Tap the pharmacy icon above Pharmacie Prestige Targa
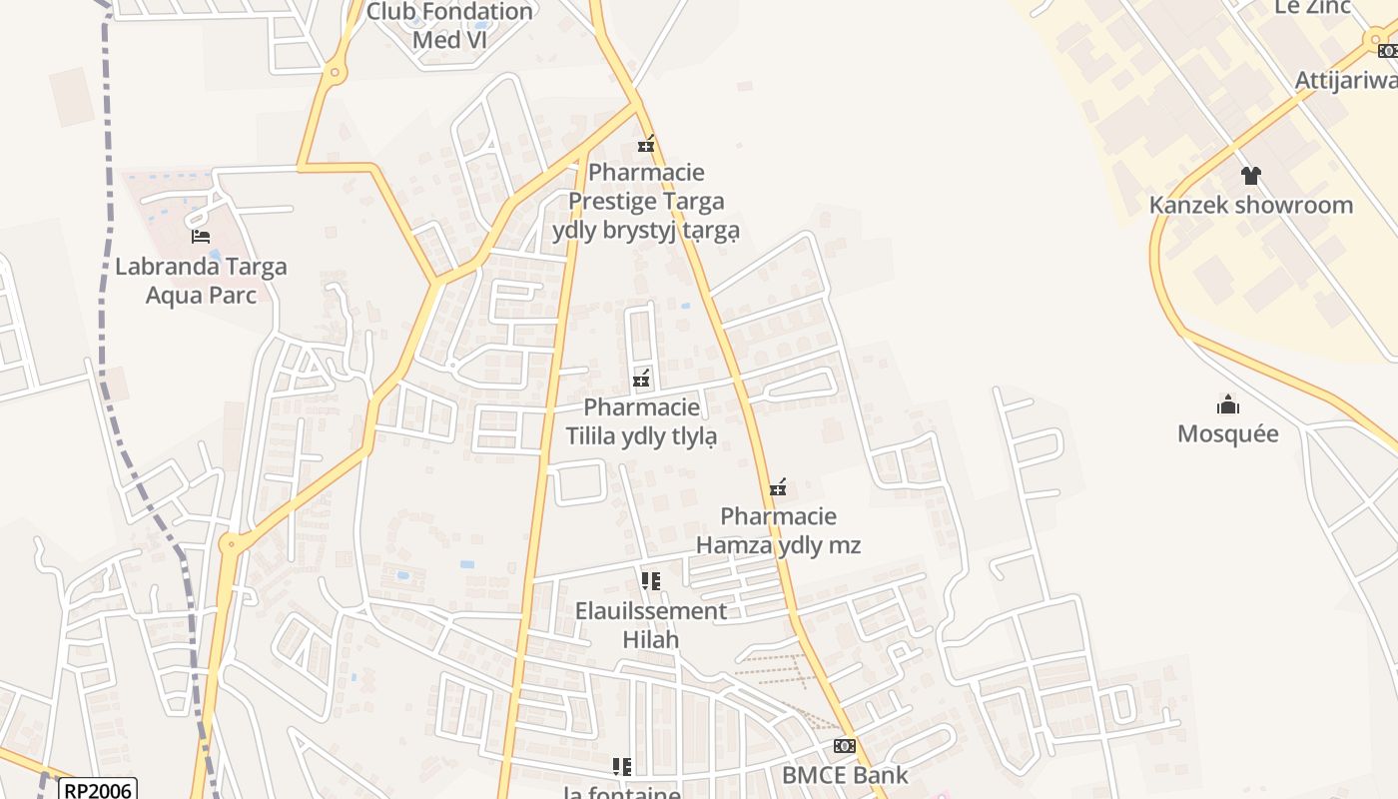(x=646, y=145)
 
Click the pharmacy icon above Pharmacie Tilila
(x=641, y=379)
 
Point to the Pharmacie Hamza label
(x=778, y=530)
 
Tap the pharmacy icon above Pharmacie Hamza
(x=778, y=487)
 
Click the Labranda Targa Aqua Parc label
(x=201, y=281)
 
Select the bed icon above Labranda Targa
(x=201, y=237)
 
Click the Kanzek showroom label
(x=1250, y=205)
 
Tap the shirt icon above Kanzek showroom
(x=1250, y=176)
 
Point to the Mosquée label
(x=1227, y=433)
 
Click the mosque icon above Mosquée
(x=1227, y=404)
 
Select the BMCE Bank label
(x=845, y=775)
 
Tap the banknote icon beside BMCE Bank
(x=845, y=746)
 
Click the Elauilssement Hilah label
(x=650, y=625)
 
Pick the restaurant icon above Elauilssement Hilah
(x=650, y=581)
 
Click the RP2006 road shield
(x=97, y=790)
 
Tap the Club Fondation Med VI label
(x=449, y=26)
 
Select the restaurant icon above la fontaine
(x=622, y=767)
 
